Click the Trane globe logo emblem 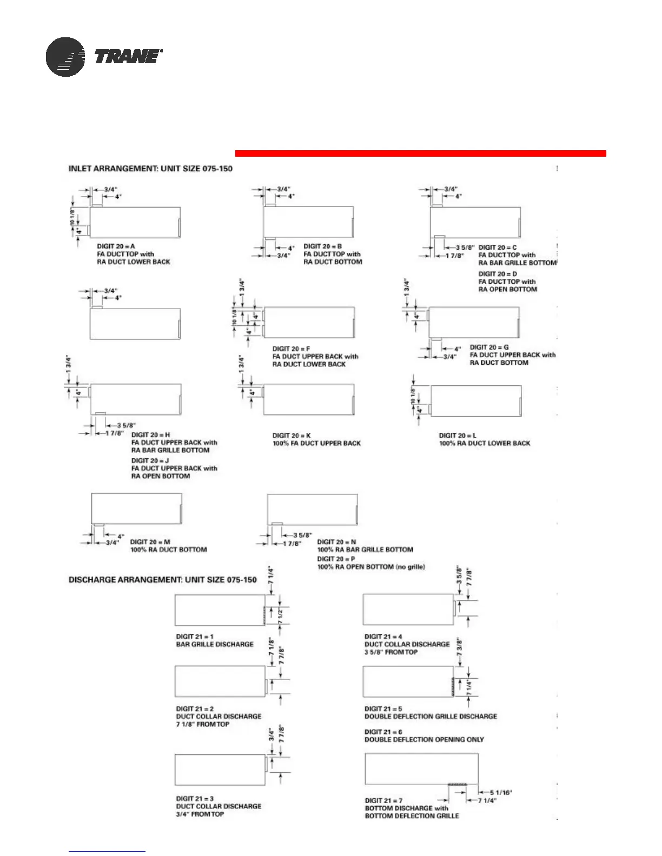(x=65, y=57)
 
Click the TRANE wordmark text (x=128, y=56)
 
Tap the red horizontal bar (x=420, y=153)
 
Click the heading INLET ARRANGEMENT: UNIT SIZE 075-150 (x=150, y=169)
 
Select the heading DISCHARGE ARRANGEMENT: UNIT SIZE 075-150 (x=162, y=580)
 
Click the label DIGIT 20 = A (x=116, y=246)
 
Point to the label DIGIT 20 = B (x=322, y=246)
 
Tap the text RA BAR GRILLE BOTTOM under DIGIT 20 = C (x=517, y=263)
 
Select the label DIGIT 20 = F (x=291, y=349)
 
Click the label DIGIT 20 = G (x=489, y=347)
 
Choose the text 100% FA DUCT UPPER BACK (x=316, y=444)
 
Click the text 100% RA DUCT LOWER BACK (x=485, y=444)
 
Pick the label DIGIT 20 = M (x=150, y=542)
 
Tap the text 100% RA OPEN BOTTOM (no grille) (x=371, y=567)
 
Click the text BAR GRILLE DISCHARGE (x=215, y=645)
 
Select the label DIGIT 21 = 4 (x=383, y=637)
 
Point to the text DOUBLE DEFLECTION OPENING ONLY (x=424, y=740)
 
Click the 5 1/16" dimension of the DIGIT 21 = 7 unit (x=501, y=793)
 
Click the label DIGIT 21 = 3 (x=195, y=799)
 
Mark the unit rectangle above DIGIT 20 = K (x=309, y=400)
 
